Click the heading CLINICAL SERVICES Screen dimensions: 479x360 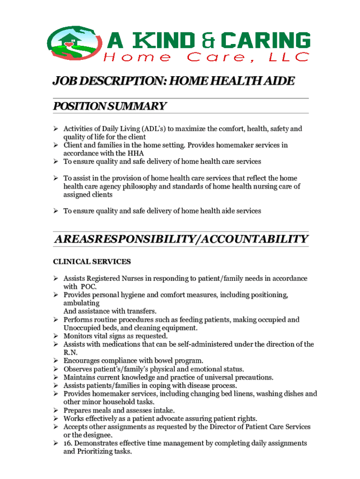coord(92,261)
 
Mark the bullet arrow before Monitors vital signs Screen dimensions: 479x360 coord(55,336)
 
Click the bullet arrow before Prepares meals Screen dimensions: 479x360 coord(55,410)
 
